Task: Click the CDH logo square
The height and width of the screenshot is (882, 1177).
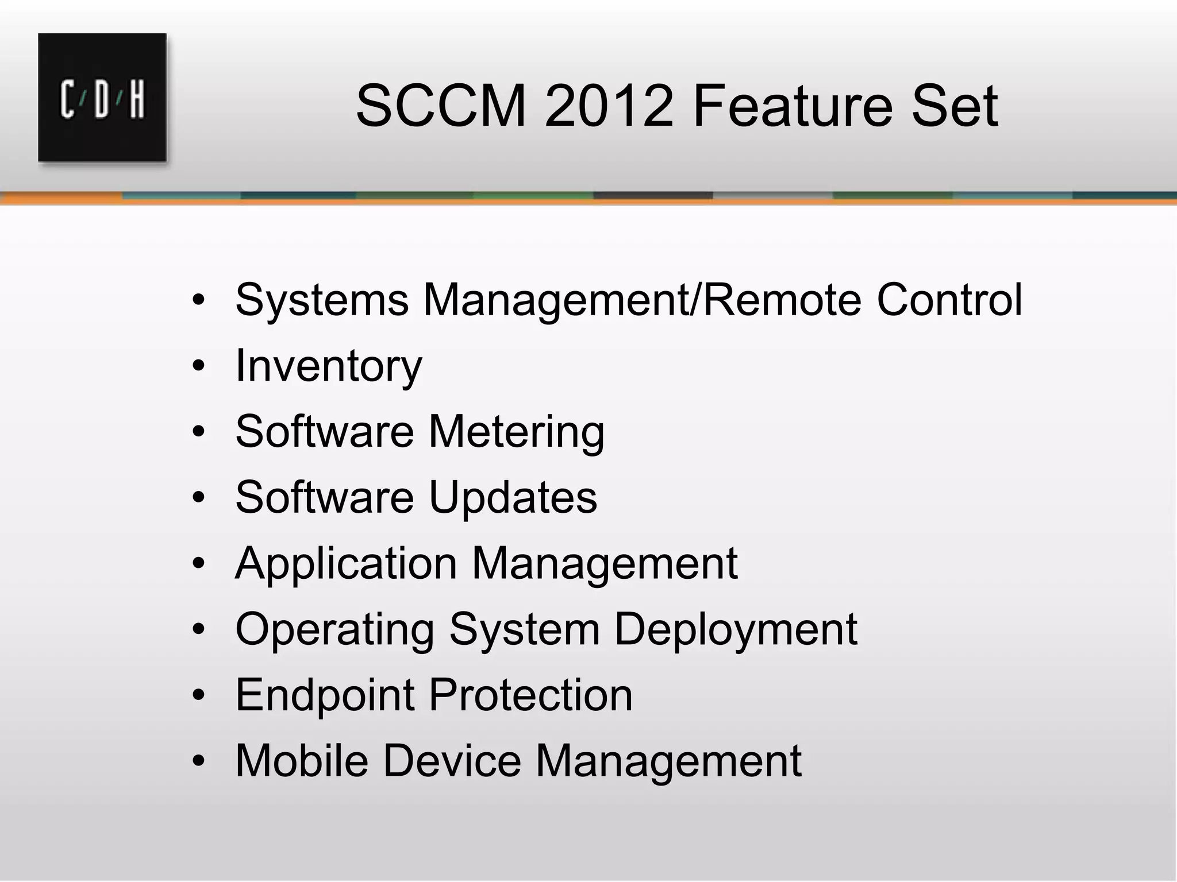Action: click(102, 97)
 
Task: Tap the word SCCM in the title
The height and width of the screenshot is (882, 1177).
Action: click(441, 106)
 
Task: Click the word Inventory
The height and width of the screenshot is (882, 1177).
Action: click(328, 366)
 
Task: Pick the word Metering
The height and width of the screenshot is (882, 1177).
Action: click(516, 432)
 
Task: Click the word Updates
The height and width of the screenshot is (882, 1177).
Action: click(513, 497)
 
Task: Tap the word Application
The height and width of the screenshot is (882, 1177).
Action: click(346, 564)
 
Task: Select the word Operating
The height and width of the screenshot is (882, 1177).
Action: click(334, 630)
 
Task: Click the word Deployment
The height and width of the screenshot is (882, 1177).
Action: click(736, 630)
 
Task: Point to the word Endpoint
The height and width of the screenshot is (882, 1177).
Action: click(325, 695)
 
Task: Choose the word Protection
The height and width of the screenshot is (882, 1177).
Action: click(530, 695)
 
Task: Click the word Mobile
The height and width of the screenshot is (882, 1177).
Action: click(301, 761)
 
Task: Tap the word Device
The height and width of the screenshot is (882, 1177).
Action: click(451, 761)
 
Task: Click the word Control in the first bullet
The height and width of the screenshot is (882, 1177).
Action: click(949, 300)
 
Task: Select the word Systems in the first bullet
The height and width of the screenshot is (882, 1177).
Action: click(322, 300)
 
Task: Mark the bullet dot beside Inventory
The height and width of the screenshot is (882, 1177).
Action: click(199, 366)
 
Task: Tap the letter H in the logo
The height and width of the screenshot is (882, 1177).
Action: click(136, 100)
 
